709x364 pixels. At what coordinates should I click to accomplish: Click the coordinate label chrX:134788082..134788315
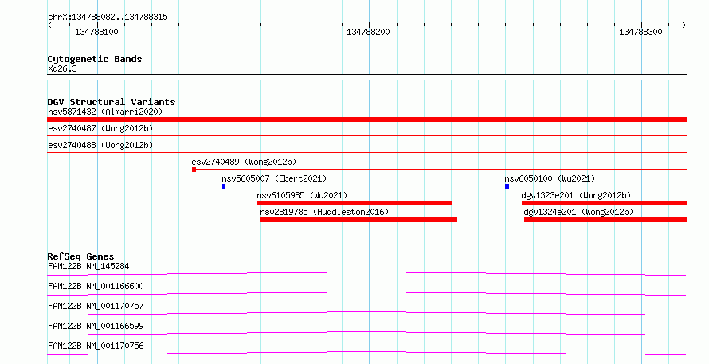(108, 18)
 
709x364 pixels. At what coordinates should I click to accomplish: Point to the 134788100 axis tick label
(96, 32)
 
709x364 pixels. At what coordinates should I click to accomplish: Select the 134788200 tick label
(368, 32)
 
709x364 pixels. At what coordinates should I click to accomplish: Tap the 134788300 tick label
(640, 32)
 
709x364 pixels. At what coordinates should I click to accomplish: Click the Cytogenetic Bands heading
(95, 59)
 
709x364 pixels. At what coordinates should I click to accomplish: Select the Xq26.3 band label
(62, 68)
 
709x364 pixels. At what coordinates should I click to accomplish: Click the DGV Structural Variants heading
(112, 102)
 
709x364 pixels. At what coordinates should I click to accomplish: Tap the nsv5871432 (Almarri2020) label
(105, 112)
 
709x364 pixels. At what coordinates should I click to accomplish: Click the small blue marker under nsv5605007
(224, 186)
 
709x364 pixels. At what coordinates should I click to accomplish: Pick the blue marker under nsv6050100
(507, 186)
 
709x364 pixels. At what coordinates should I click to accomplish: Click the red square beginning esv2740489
(194, 170)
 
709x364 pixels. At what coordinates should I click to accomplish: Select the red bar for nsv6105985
(354, 203)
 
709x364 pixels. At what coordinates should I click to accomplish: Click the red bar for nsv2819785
(358, 220)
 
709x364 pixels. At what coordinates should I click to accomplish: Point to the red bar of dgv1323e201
(604, 203)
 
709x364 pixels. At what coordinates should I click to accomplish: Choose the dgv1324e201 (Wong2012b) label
(578, 212)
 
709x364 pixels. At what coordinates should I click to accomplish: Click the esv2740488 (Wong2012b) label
(100, 145)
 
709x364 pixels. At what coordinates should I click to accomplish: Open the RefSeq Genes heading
(80, 256)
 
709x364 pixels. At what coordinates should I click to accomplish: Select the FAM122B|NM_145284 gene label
(88, 266)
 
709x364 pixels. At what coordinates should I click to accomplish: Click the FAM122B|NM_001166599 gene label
(96, 326)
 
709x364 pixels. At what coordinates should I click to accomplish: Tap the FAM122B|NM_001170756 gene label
(96, 346)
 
